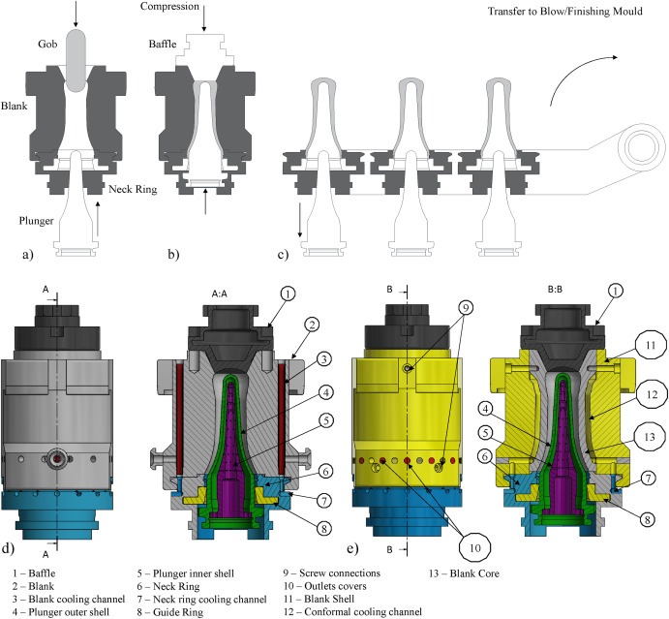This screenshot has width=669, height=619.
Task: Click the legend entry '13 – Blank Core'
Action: tap(469, 573)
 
